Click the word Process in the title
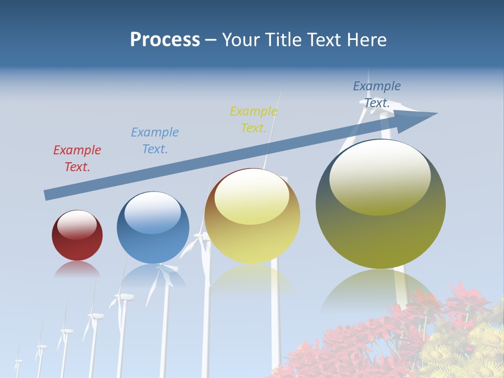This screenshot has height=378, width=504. [165, 40]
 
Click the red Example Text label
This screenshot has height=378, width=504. [77, 159]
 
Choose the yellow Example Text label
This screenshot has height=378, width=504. [254, 120]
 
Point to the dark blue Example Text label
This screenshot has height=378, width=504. [377, 94]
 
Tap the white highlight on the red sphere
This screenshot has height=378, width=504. [77, 225]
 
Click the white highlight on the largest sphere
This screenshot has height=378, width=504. [380, 177]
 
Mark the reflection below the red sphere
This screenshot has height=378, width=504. [77, 270]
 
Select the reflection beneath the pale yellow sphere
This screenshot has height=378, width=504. [253, 277]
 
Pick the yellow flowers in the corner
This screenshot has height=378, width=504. [467, 352]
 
